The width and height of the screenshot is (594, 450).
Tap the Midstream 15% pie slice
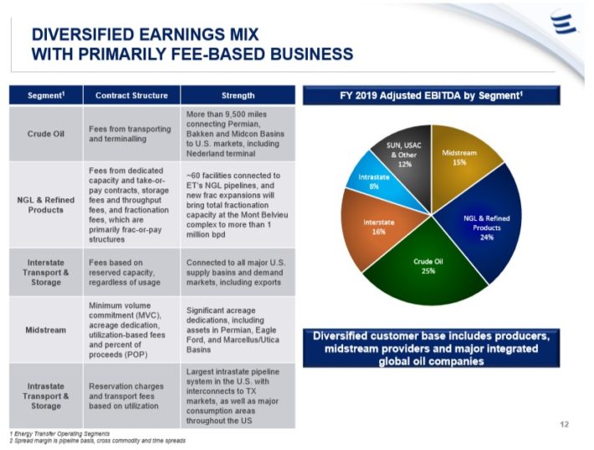458,159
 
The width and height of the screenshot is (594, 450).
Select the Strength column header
238,95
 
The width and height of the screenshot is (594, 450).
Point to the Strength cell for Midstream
238,330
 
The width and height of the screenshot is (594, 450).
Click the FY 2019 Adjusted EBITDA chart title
431,95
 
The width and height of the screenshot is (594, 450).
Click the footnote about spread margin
97,441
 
